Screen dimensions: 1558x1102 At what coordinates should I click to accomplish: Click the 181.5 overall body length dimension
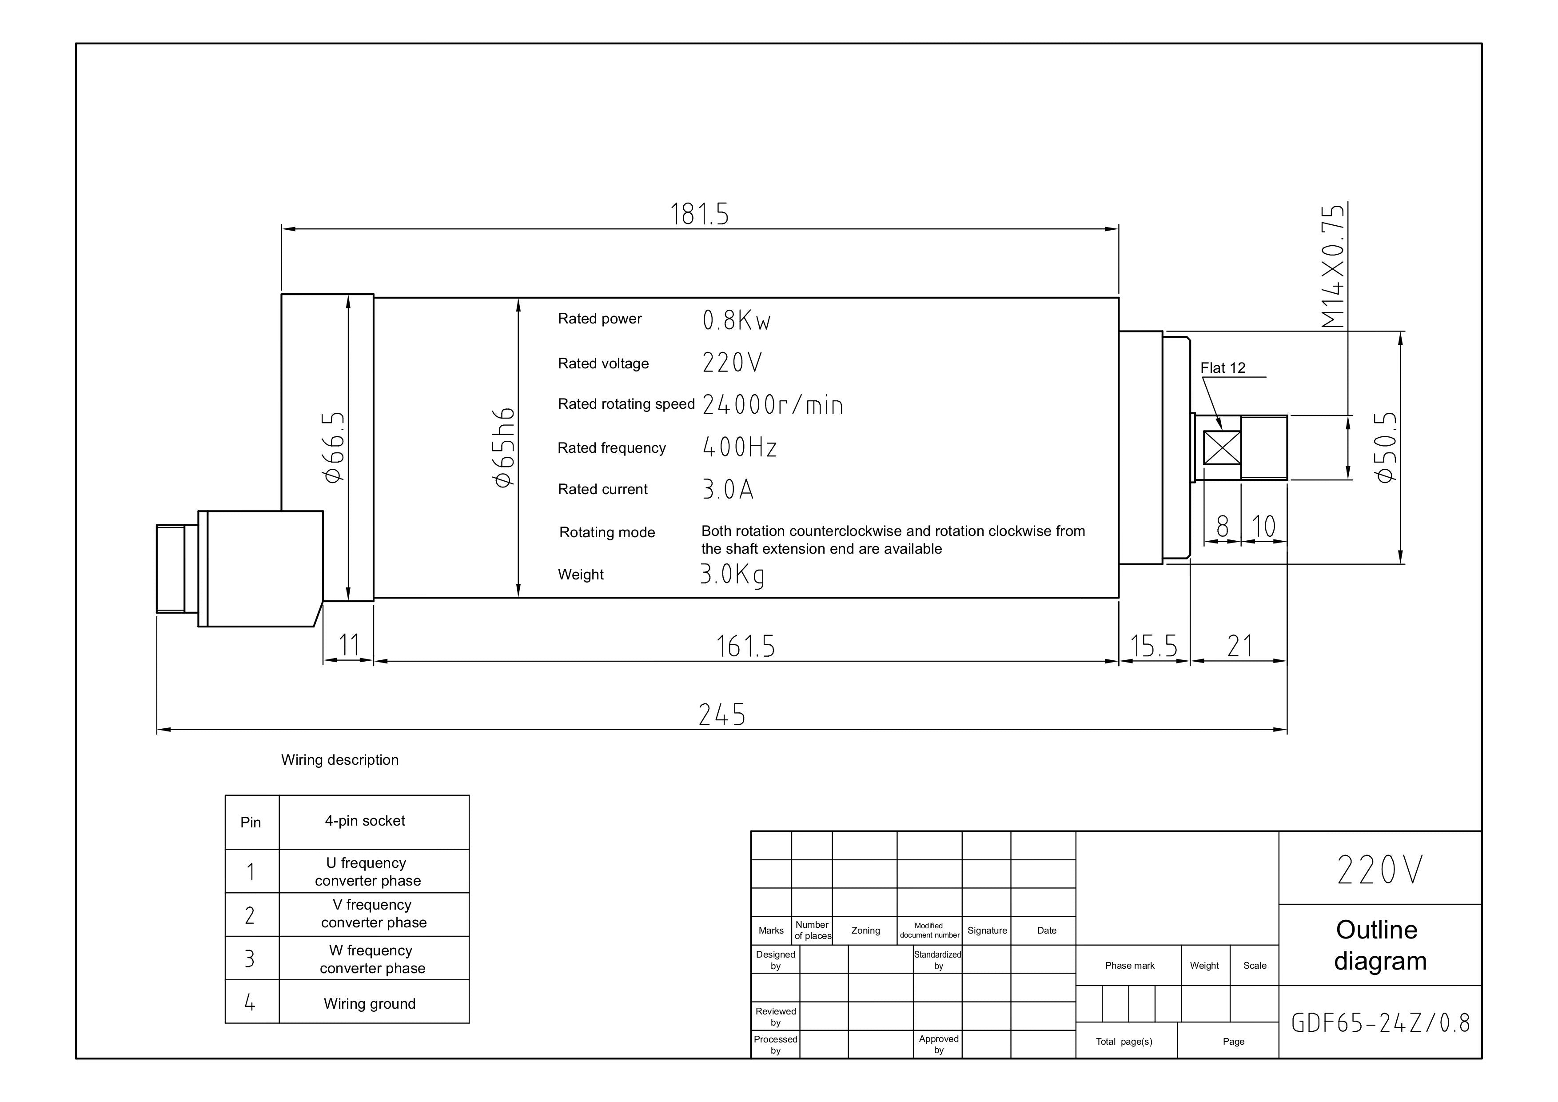700,215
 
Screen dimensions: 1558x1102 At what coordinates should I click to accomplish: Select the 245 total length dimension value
722,715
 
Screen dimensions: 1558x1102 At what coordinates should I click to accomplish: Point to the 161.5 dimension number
746,646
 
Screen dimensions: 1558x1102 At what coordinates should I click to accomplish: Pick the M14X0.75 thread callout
1333,266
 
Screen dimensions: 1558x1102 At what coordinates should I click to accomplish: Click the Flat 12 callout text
1223,368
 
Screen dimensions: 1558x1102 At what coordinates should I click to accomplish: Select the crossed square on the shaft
1222,448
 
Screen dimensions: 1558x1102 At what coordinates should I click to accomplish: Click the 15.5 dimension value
1154,646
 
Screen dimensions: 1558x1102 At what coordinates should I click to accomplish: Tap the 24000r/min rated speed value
773,405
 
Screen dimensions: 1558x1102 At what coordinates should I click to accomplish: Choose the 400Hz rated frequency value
740,447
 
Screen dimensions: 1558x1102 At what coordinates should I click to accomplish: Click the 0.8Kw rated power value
736,320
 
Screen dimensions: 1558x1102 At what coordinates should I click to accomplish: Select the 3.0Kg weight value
732,575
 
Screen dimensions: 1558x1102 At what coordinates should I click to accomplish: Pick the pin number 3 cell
252,958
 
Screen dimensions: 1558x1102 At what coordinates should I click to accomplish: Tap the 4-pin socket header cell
374,822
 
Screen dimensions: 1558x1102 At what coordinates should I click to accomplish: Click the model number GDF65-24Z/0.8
1380,1022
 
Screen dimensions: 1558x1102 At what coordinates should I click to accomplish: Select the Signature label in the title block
987,930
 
